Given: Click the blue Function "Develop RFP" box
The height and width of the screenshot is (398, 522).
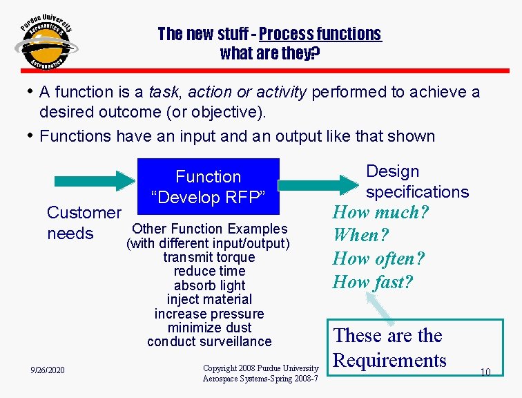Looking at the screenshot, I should click(x=209, y=187).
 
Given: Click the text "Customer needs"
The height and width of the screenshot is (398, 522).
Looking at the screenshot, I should click(x=84, y=223).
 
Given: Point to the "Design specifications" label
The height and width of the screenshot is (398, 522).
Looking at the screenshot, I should click(x=416, y=182).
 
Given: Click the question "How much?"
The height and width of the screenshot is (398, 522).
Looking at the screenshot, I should click(x=380, y=212).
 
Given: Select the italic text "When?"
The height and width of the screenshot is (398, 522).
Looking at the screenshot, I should click(x=361, y=235).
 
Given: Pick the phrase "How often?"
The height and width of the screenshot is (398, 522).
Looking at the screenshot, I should click(x=378, y=258).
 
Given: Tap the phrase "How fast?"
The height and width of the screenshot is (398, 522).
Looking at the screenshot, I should click(x=372, y=282).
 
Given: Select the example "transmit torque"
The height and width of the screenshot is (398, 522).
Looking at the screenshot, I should click(x=209, y=257).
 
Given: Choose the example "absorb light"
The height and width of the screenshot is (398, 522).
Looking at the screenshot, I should click(x=209, y=285).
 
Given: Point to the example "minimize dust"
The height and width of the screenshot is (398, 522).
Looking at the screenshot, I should click(x=209, y=328).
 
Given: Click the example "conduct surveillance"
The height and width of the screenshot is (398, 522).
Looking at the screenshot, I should click(x=209, y=341).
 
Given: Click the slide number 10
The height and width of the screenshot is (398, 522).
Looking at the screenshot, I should click(x=485, y=372).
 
